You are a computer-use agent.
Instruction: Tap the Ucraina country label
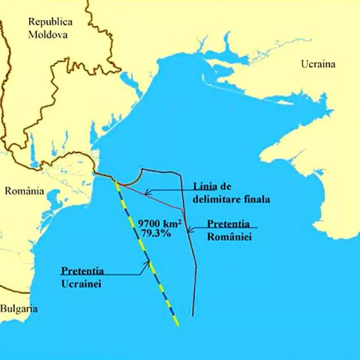(318, 64)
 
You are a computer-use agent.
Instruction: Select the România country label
(24, 191)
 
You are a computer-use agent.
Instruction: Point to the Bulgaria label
(18, 309)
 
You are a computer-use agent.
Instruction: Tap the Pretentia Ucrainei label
(82, 278)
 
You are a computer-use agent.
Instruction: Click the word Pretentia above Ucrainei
(82, 271)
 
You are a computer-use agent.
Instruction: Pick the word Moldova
(48, 34)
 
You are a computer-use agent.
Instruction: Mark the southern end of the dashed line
(178, 324)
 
